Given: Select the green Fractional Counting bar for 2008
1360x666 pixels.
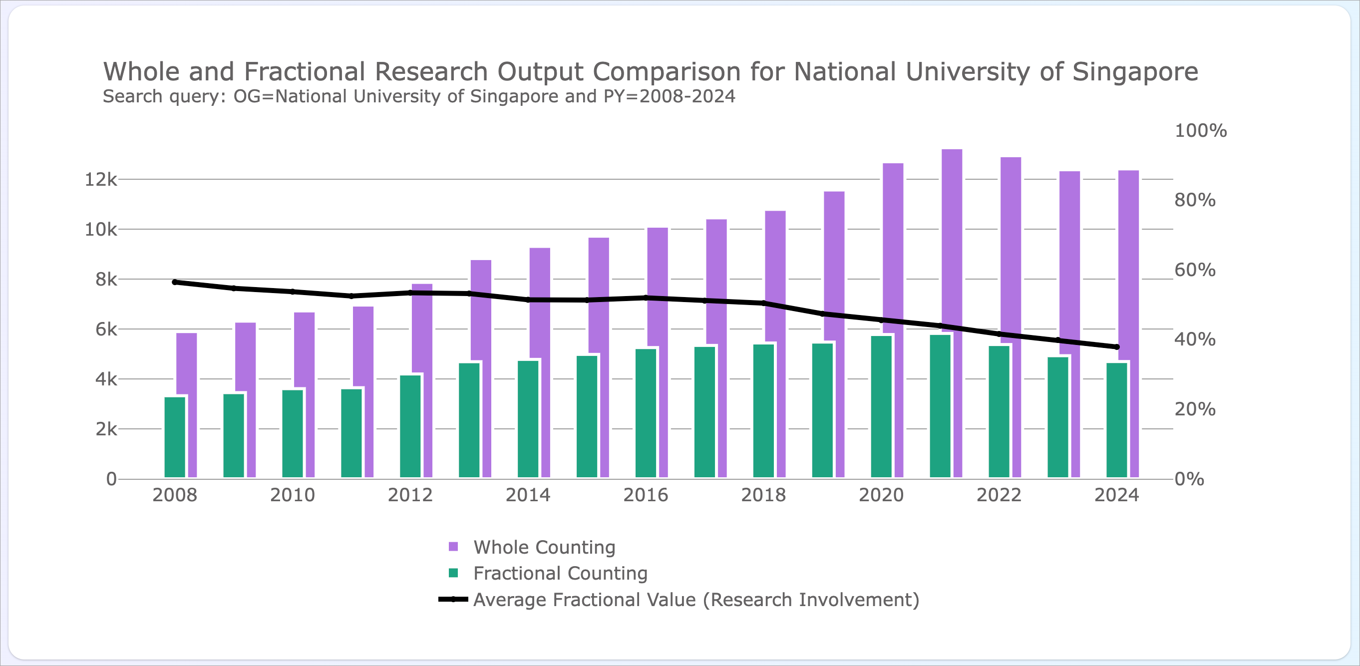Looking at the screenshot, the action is (175, 437).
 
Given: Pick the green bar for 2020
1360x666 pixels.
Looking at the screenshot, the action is (881, 406).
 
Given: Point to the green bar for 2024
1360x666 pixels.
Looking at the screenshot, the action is (1117, 420).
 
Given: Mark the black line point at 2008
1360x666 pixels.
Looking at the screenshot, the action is (175, 283).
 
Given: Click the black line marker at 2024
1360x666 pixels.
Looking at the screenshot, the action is (1117, 346).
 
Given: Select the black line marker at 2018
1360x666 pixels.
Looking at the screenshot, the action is (763, 303).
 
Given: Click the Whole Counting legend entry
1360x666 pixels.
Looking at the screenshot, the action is (532, 547).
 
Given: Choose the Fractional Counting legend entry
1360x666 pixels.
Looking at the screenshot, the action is (548, 573).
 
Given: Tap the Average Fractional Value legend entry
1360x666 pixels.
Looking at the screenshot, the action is (679, 600).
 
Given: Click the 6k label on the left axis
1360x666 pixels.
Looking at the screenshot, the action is (106, 330).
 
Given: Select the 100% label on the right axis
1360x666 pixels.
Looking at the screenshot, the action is (1201, 130).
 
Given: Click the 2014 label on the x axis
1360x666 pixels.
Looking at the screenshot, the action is (528, 495).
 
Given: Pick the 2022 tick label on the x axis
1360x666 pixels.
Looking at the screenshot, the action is (999, 495).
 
